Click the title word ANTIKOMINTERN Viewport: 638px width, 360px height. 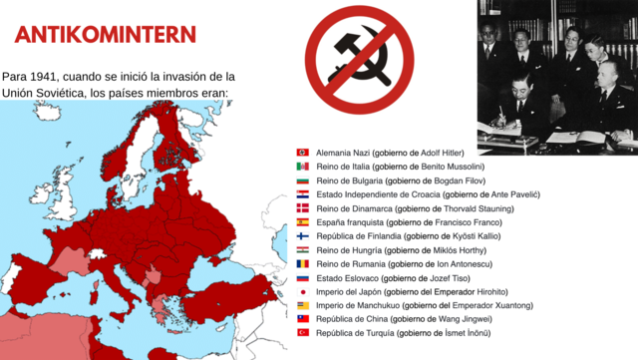[x=105, y=35]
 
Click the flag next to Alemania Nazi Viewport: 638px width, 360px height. [x=302, y=153]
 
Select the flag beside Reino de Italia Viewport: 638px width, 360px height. [x=302, y=167]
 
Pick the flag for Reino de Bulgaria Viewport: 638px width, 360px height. [x=302, y=180]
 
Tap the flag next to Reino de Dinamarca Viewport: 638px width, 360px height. [x=302, y=208]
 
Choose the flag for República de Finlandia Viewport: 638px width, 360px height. [x=302, y=236]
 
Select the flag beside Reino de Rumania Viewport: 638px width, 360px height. [x=302, y=263]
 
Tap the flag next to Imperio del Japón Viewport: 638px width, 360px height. [x=302, y=291]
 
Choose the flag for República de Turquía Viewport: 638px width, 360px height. [x=302, y=332]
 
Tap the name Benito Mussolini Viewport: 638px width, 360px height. [x=449, y=167]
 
